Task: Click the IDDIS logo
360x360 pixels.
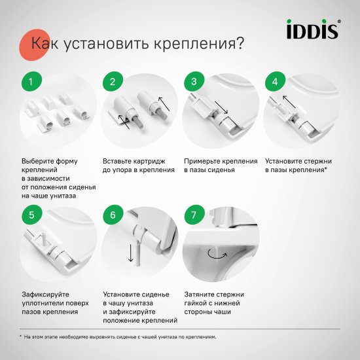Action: (313, 29)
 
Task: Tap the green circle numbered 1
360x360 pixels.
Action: (31, 83)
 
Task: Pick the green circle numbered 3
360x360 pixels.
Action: (194, 83)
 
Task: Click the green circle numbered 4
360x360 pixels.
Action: (275, 83)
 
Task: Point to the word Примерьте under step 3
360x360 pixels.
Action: (202, 160)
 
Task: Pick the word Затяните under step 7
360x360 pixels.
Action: (199, 294)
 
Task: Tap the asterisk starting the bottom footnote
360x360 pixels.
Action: (21, 337)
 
